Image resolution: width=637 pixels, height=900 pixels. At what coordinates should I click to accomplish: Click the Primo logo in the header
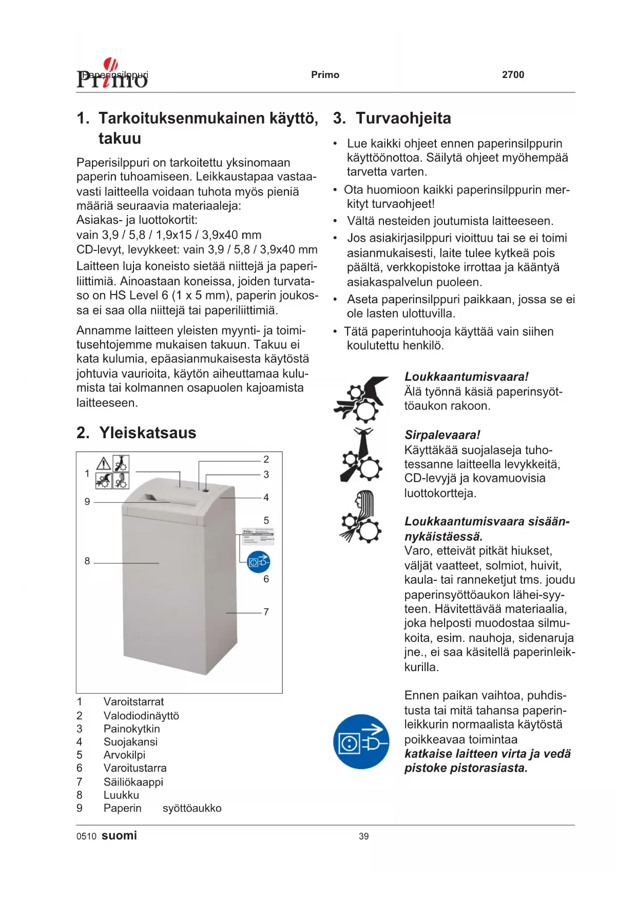(x=112, y=75)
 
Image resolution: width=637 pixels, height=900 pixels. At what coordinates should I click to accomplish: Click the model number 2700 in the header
(x=513, y=75)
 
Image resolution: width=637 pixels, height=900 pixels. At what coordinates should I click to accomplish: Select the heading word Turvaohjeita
(x=403, y=119)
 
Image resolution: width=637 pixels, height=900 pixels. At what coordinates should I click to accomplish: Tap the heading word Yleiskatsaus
(x=148, y=433)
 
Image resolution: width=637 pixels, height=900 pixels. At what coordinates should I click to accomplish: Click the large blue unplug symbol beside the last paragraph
(x=361, y=741)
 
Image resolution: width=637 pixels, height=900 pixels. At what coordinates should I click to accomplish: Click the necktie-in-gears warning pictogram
(x=361, y=455)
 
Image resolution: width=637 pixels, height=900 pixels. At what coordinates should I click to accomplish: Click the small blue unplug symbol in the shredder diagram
(x=258, y=562)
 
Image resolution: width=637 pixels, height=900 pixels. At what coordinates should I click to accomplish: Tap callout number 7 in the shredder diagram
(x=266, y=612)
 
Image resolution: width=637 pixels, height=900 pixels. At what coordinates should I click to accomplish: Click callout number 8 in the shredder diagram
(x=87, y=561)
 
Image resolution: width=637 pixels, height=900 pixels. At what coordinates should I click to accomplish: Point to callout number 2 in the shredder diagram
(x=266, y=459)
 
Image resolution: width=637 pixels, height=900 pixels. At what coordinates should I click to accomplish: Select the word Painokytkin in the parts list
(x=131, y=729)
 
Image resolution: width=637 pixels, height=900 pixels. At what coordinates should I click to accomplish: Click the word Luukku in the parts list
(x=121, y=795)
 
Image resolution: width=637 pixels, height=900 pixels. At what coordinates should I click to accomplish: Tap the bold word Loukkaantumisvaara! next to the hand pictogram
(x=466, y=377)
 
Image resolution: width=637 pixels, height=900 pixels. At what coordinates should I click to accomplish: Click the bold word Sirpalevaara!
(x=442, y=435)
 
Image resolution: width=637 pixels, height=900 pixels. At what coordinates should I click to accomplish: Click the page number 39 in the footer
(x=363, y=836)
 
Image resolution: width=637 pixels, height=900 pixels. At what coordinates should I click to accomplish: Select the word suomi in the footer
(x=119, y=835)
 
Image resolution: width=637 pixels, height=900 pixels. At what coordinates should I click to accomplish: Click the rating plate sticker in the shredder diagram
(x=258, y=536)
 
